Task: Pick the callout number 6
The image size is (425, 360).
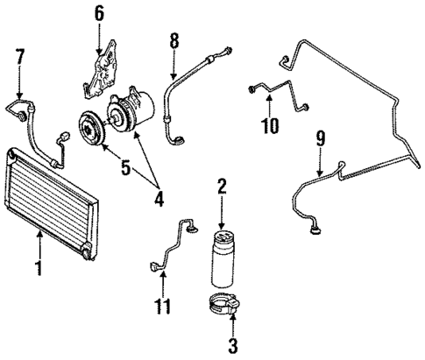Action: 99,13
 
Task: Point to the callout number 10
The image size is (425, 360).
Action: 270,125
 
